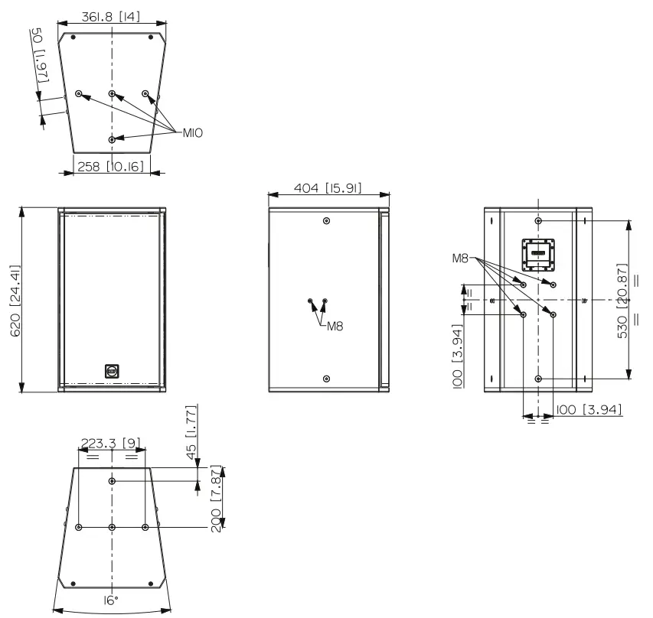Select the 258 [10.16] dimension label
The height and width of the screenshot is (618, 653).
[112, 165]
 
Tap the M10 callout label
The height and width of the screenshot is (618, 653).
[193, 132]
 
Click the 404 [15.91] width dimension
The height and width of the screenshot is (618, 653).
[325, 188]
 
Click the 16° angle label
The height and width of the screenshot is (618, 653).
[112, 601]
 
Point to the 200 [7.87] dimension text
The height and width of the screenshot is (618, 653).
[217, 498]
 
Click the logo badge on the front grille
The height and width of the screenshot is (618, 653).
[112, 372]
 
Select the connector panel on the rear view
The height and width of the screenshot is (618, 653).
[539, 254]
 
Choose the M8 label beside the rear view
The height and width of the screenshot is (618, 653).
[459, 258]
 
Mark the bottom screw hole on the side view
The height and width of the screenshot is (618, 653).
[327, 379]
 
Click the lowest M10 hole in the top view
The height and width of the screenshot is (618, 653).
[113, 140]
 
